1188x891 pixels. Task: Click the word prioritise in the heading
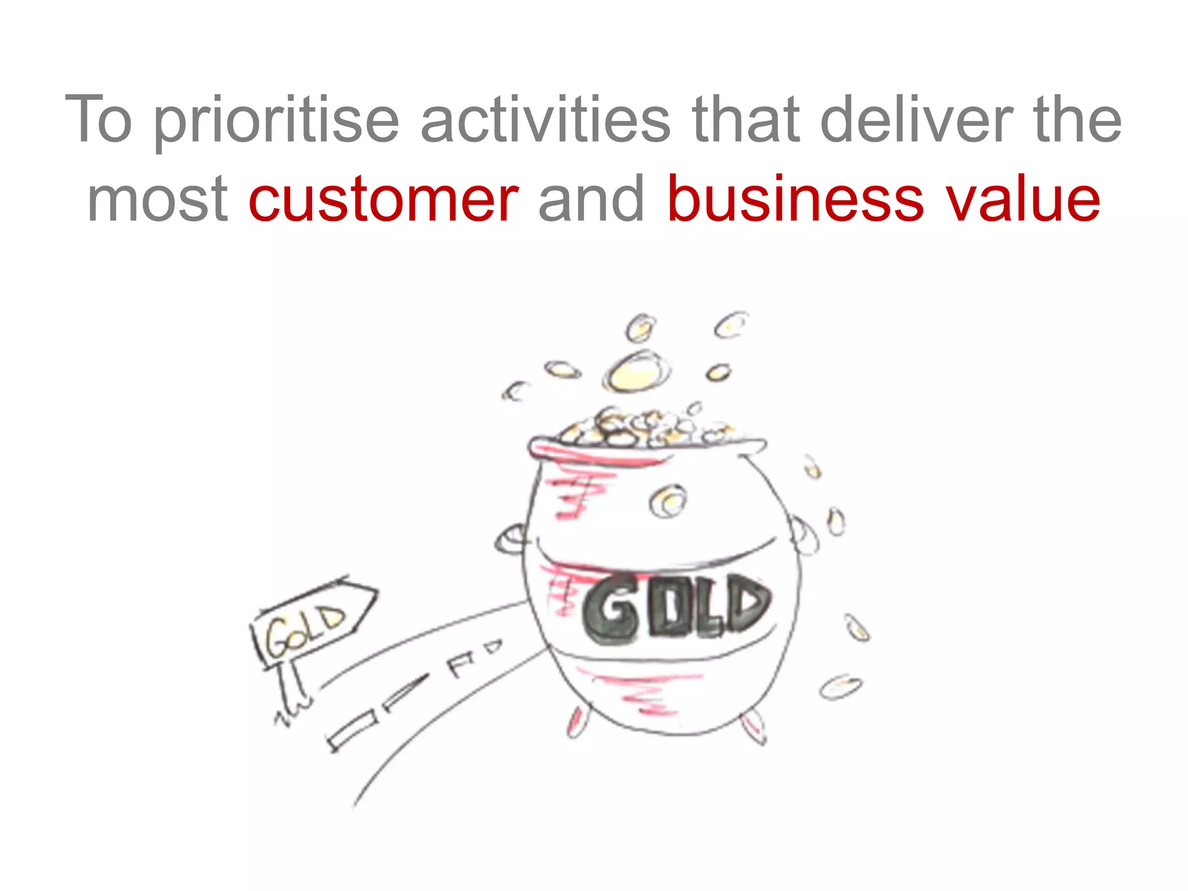tap(276, 121)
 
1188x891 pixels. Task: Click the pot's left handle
tap(510, 539)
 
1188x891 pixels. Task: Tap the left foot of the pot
tap(575, 723)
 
